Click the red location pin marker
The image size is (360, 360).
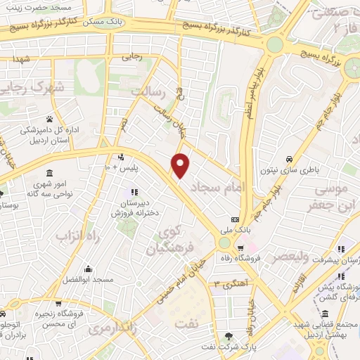click(181, 165)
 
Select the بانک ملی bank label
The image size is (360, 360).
click(241, 230)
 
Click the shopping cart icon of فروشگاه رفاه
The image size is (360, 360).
click(240, 247)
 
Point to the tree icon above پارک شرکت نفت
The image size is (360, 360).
click(229, 336)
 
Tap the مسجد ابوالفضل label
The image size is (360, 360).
click(87, 279)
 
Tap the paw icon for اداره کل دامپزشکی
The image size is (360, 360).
click(50, 119)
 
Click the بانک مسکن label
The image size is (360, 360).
click(101, 22)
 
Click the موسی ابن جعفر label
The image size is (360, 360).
click(330, 198)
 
